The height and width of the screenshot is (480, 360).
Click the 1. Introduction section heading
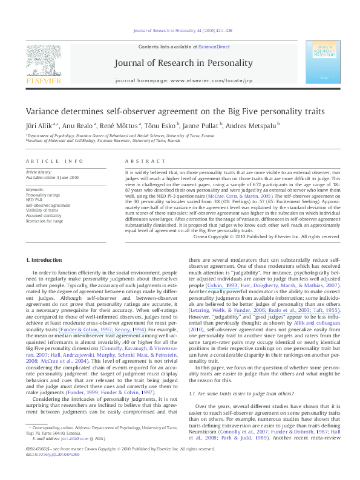[x=44, y=260]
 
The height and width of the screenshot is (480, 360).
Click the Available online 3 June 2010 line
[x=53, y=178]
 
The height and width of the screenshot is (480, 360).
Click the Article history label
[x=39, y=173]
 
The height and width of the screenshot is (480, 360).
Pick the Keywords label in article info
[x=36, y=190]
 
